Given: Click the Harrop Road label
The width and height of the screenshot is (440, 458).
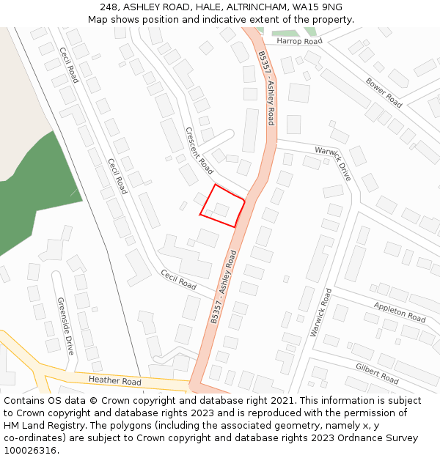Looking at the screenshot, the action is (299, 42).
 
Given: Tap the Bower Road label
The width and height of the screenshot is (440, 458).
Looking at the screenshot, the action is (384, 92).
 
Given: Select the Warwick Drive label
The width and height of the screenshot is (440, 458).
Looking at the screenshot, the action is (334, 163).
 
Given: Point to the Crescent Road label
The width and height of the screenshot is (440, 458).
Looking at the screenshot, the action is (199, 150).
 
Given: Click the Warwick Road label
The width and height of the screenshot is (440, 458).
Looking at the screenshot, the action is (320, 312).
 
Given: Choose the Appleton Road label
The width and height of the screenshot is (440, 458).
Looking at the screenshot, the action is (399, 312).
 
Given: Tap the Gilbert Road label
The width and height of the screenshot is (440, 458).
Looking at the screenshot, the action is (377, 373).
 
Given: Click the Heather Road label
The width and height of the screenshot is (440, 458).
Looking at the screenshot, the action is (114, 381).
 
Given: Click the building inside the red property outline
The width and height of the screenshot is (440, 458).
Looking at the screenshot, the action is (221, 210).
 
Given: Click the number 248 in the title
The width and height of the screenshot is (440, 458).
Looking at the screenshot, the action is (109, 7).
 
